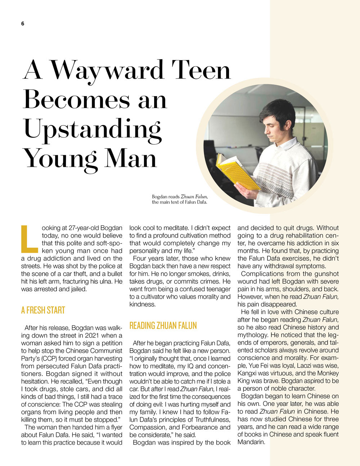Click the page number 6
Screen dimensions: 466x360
tap(23, 24)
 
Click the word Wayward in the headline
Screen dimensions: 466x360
tap(107, 70)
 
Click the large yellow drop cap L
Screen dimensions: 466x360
tap(30, 239)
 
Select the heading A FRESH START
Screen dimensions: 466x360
tap(43, 310)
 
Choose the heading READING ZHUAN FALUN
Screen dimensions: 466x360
tap(163, 326)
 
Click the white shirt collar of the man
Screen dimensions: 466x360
tap(288, 144)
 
